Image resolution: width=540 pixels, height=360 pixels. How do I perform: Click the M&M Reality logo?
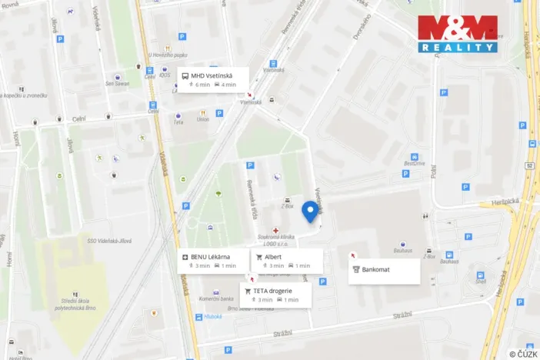click(458, 34)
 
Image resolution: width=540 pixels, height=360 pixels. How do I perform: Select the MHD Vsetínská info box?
click(213, 79)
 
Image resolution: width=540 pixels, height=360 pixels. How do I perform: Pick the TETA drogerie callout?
click(275, 295)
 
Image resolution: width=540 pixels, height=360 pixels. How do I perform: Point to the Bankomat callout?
click(384, 270)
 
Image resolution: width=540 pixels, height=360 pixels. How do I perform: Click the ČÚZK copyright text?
click(522, 353)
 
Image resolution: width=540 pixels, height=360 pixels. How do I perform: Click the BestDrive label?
click(415, 163)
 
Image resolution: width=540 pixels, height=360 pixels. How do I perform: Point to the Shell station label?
click(481, 282)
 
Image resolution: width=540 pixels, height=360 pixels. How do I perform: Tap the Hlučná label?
click(213, 316)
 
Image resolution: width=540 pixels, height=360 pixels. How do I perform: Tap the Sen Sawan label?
click(116, 84)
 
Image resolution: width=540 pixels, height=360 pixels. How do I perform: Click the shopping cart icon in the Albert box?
click(259, 257)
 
